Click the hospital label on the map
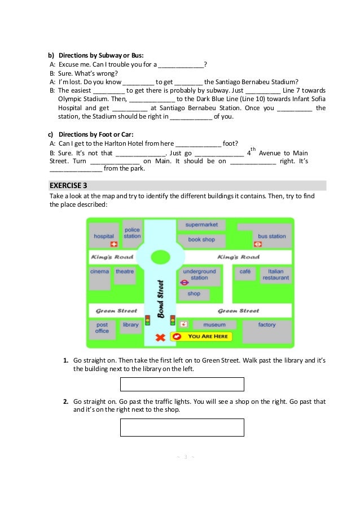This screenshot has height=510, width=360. point(104,236)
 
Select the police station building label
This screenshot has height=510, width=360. point(132,233)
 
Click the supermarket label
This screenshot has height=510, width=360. point(201,225)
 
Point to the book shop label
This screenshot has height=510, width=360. point(201,239)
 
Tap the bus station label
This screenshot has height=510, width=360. point(272,236)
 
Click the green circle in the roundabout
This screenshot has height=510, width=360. point(160,258)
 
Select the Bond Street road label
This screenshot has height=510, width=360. point(161,300)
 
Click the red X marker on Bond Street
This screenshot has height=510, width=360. point(160,337)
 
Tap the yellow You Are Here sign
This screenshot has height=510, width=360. point(201,337)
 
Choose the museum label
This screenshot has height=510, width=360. point(214,325)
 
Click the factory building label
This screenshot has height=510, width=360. point(267,325)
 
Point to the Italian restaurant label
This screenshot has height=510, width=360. point(275,274)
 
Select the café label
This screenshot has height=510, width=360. point(245,271)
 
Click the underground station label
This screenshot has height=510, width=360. point(199,274)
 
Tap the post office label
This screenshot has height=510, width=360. point(102,328)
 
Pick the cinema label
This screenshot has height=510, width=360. point(99,272)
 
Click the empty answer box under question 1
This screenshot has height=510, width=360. point(182,385)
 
